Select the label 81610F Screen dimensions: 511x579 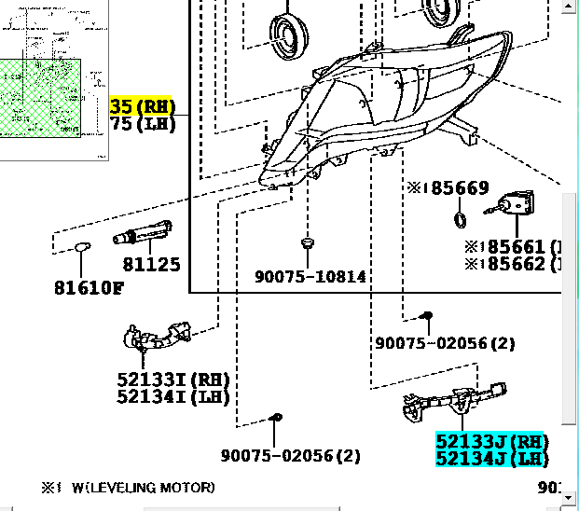coord(88,287)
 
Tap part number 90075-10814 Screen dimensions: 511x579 coord(310,277)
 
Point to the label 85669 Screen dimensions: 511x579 coord(452,188)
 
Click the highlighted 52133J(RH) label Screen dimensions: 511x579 coord(491,441)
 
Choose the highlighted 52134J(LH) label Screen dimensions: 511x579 coord(491,458)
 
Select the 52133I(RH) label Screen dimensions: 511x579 coord(173,380)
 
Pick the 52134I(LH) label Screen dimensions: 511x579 coord(173,396)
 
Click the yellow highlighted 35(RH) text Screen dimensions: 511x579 coord(143,106)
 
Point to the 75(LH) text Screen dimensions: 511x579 coord(143,123)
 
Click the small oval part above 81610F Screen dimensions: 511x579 coord(83,247)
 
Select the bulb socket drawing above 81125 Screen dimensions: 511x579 coord(143,233)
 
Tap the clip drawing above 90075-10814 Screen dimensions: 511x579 coord(307,243)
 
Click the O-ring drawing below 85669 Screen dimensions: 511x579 coord(460,220)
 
